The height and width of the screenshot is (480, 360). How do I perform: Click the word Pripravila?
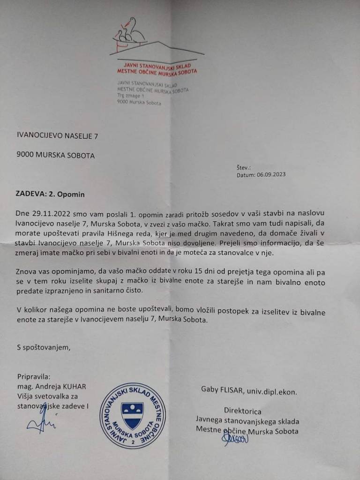tap(33, 376)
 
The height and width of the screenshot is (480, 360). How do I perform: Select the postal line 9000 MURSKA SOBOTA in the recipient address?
tap(55, 155)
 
